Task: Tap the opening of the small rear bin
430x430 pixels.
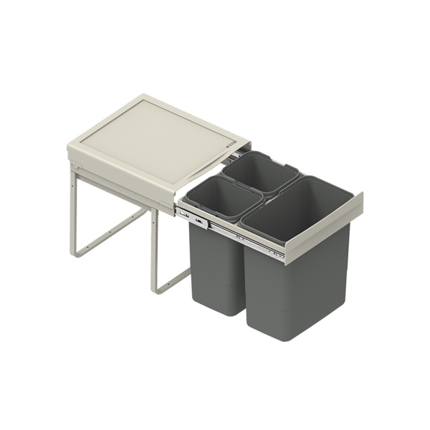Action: [x=259, y=173]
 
